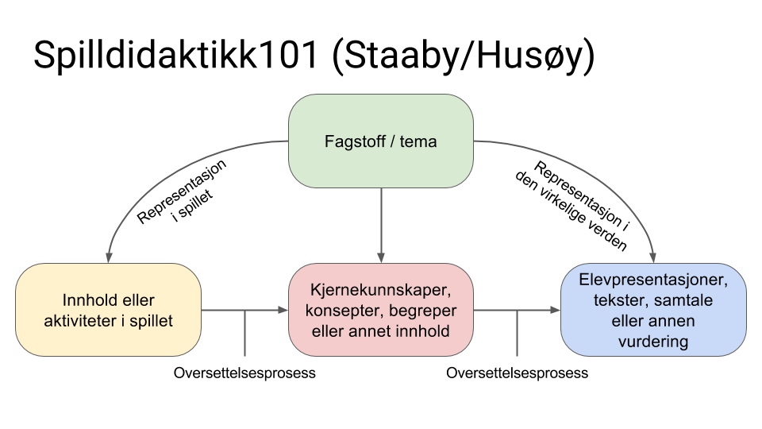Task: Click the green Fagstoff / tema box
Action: coord(381,141)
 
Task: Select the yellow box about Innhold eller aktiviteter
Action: coord(109,310)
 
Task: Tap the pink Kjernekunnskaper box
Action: coord(381,310)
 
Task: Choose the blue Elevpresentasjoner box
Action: coord(653,310)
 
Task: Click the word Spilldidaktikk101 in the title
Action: coord(176,55)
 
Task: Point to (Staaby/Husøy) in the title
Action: coord(464,56)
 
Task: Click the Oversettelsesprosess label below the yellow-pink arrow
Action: coord(244,373)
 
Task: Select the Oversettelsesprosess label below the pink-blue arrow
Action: coord(517,373)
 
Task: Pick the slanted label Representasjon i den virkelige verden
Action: coord(573,206)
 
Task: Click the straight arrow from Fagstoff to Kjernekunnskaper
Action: coord(381,225)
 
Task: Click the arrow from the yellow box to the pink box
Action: coord(244,310)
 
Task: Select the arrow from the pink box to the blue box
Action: coord(517,310)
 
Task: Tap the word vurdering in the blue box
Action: coord(653,342)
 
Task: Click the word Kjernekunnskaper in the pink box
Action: coord(381,290)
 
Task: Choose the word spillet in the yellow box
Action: coord(151,321)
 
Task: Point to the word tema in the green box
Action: coord(418,141)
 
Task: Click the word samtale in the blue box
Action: coord(683,300)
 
